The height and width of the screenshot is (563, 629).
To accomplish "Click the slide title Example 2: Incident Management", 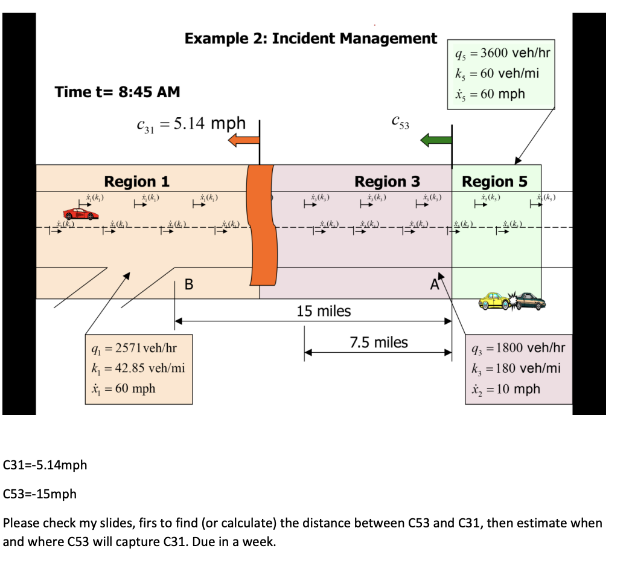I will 310,39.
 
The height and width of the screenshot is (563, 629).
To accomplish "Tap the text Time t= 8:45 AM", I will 117,92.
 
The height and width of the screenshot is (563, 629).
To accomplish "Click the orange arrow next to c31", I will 243,140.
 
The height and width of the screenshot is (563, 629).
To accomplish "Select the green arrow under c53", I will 435,140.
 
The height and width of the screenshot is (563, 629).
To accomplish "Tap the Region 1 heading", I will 137,181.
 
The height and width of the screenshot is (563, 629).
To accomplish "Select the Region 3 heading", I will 387,181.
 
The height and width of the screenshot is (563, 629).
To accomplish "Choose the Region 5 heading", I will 494,181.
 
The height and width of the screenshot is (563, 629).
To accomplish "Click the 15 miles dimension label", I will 324,311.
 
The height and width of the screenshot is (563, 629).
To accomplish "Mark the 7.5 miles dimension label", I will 379,343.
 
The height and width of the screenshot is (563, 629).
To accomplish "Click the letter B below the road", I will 189,284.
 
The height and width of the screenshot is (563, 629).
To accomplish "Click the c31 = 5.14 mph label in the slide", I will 191,124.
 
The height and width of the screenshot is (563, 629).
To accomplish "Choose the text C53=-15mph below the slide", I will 40,494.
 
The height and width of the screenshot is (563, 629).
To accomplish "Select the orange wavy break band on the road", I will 263,225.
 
